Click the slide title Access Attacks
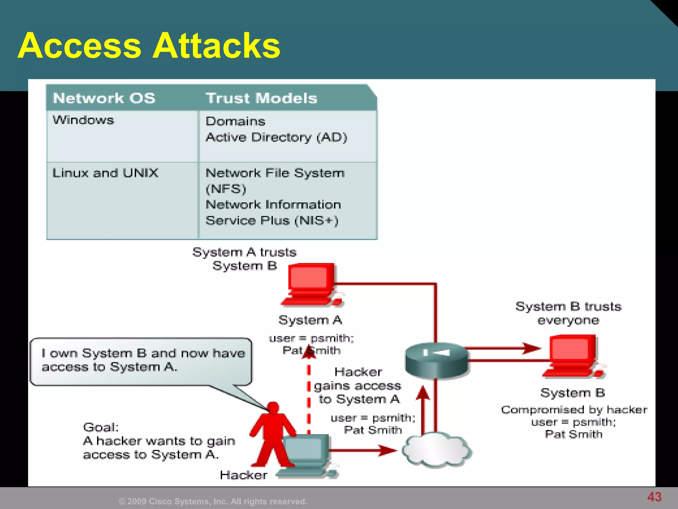pyautogui.click(x=149, y=45)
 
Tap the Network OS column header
pyautogui.click(x=104, y=98)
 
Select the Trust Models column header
pyautogui.click(x=262, y=98)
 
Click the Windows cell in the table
pyautogui.click(x=83, y=120)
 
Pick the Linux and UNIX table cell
pyautogui.click(x=105, y=173)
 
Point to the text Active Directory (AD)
pyautogui.click(x=276, y=137)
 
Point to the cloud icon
pyautogui.click(x=436, y=450)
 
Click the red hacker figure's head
pyautogui.click(x=273, y=407)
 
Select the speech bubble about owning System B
pyautogui.click(x=141, y=361)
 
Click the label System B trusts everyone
pyautogui.click(x=568, y=313)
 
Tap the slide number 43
pyautogui.click(x=654, y=497)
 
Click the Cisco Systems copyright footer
pyautogui.click(x=213, y=501)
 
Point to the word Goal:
pyautogui.click(x=101, y=427)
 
